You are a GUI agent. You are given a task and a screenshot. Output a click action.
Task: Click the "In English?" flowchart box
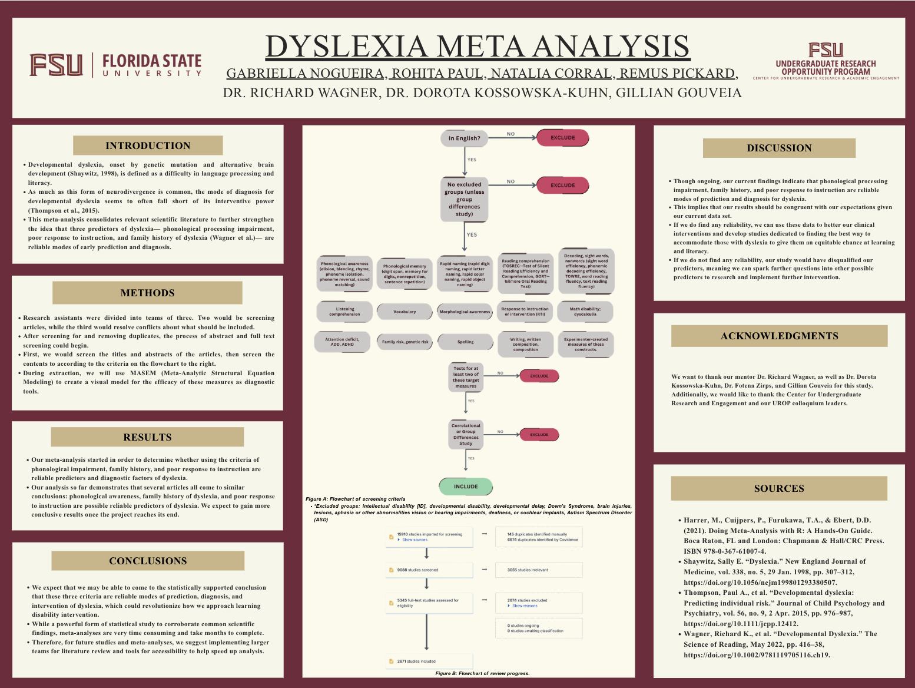464,138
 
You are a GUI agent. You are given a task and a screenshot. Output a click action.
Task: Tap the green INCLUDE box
466,487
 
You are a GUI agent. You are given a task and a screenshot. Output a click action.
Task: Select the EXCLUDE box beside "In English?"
562,138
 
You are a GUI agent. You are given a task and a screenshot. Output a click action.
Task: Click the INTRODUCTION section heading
148,145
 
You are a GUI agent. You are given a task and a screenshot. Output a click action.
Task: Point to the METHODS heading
147,293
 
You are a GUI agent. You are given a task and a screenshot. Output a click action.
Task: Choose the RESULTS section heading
147,437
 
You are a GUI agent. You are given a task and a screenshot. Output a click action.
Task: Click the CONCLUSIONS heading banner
148,561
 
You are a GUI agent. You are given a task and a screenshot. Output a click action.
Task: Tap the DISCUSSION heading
779,148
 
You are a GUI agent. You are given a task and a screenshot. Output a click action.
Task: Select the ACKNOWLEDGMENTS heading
779,336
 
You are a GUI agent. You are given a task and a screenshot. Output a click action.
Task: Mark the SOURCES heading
779,488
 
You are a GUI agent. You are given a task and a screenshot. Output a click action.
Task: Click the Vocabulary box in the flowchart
405,312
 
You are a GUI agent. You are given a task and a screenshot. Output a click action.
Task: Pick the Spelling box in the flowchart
465,342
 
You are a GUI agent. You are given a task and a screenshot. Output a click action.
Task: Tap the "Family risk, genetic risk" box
405,342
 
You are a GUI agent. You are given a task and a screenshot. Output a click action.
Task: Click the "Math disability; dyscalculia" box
585,312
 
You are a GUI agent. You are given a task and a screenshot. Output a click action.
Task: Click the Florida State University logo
116,65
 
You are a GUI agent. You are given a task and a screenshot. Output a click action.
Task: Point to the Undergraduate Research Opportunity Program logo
826,61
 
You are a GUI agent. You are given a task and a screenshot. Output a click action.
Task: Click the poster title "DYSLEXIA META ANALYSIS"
477,47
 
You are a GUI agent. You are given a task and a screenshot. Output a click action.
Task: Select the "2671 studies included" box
429,661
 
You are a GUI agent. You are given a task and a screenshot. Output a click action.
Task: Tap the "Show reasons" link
524,606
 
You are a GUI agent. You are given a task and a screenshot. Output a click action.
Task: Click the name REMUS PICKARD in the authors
677,74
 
